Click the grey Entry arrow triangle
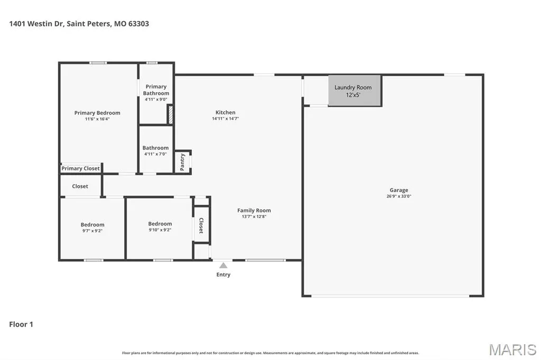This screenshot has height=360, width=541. point(223,265)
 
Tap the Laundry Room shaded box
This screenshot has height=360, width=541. point(355,91)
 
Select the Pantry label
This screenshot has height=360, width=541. point(182,162)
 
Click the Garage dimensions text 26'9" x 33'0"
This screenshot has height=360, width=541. point(399,196)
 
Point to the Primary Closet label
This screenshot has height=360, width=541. point(80,168)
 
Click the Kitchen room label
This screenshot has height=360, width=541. point(225,112)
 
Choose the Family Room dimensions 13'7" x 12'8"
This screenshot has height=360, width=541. point(254,216)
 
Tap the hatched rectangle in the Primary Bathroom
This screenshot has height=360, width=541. point(170,114)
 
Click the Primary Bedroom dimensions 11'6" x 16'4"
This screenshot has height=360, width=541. point(97,119)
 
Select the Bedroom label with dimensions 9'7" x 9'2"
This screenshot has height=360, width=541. point(92,224)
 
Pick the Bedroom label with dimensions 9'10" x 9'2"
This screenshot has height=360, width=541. point(160,224)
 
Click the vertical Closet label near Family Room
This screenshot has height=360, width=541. point(201,225)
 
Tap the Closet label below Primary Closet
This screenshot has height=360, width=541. point(80,186)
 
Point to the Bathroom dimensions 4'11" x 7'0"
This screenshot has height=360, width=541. point(156,154)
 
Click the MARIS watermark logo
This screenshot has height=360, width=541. point(512,349)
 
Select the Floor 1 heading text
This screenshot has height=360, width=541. point(21,324)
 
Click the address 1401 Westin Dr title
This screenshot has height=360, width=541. point(79,24)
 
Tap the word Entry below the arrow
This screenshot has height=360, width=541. point(223,274)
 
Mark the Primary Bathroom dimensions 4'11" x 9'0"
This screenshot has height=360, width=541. point(156,99)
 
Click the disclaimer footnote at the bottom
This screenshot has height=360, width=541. point(270,353)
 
